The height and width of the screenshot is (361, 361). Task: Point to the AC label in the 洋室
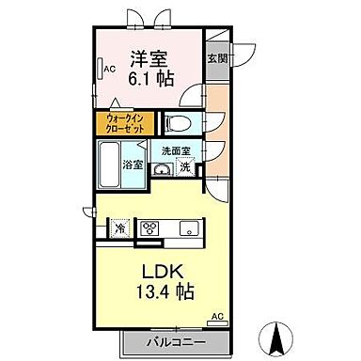tap(109, 69)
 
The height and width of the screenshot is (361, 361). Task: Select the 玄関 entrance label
tap(216, 57)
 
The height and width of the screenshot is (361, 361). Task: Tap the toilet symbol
tap(176, 122)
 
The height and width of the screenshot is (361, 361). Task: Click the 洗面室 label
tap(174, 150)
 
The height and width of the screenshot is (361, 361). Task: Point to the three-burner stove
tap(150, 227)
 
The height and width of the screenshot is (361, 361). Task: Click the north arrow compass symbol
tap(277, 333)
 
